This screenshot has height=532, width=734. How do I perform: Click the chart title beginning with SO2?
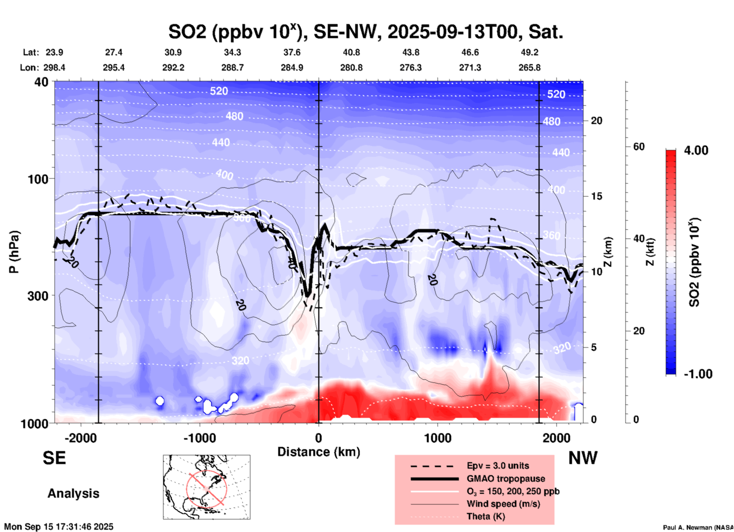pos(365,32)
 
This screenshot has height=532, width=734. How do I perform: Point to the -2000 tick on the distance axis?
pos(80,438)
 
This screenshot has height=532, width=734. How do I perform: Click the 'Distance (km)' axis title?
pos(319,452)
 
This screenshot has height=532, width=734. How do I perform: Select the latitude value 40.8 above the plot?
pos(351,52)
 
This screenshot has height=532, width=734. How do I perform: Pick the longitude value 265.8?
pos(529,68)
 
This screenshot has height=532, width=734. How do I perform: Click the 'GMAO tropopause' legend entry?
pos(506,479)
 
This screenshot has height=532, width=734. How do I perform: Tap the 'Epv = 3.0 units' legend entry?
pos(498,466)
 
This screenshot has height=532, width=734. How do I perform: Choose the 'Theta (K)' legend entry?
pos(486,516)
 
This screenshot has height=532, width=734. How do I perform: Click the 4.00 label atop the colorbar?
pos(696,150)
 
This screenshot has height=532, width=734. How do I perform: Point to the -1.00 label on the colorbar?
pos(698,374)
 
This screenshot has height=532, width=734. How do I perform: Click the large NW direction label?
pos(583,458)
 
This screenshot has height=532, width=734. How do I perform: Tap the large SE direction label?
pos(54,458)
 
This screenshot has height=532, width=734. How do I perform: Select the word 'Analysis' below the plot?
pos(73,493)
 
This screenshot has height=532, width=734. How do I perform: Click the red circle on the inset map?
pos(207,488)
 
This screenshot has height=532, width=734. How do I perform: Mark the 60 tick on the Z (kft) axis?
pos(639,147)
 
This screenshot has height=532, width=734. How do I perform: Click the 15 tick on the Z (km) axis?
pos(596,196)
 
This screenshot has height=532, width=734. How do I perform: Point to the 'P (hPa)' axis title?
pos(14,252)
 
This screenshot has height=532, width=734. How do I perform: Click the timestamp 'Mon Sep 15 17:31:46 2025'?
pos(59,527)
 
